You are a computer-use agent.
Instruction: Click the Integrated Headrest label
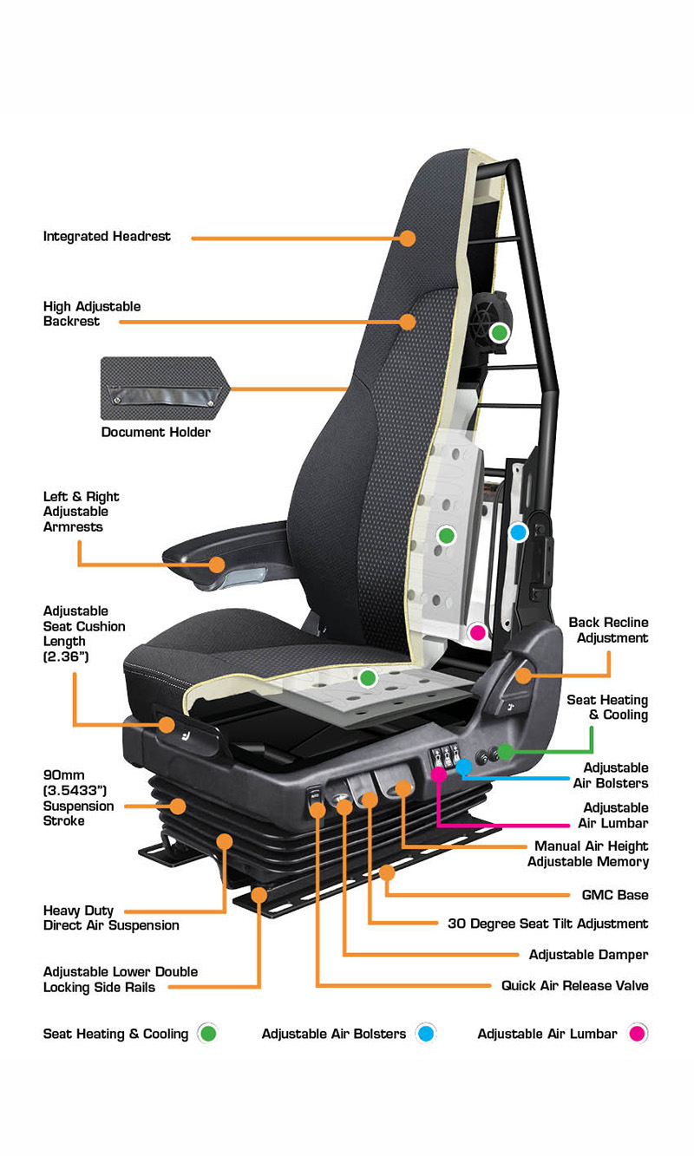pyautogui.click(x=107, y=237)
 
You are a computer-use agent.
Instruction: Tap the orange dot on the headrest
pyautogui.click(x=408, y=238)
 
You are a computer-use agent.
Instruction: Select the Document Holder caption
pyautogui.click(x=156, y=432)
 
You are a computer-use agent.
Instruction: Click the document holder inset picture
pyautogui.click(x=165, y=389)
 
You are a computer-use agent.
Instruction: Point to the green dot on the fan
pyautogui.click(x=500, y=333)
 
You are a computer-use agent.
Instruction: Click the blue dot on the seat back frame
pyautogui.click(x=519, y=532)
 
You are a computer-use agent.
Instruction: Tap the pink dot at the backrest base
pyautogui.click(x=478, y=632)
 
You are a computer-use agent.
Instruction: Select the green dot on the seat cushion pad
pyautogui.click(x=368, y=677)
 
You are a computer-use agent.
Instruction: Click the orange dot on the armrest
pyautogui.click(x=217, y=564)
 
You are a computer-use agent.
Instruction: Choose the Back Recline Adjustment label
pyautogui.click(x=608, y=630)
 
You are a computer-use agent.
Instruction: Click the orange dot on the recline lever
pyautogui.click(x=523, y=676)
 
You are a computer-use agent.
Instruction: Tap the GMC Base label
pyautogui.click(x=615, y=895)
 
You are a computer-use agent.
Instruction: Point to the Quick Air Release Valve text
pyautogui.click(x=574, y=986)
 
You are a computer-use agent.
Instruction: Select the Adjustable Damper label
pyautogui.click(x=589, y=955)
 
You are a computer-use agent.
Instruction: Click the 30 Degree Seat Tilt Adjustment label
pyautogui.click(x=548, y=924)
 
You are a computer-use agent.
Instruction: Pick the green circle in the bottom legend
pyautogui.click(x=207, y=1033)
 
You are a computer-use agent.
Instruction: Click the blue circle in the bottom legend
pyautogui.click(x=426, y=1033)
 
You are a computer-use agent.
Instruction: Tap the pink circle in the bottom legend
pyautogui.click(x=638, y=1033)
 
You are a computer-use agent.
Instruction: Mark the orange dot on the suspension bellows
pyautogui.click(x=178, y=807)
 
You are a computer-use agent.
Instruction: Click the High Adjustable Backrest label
pyautogui.click(x=92, y=314)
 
